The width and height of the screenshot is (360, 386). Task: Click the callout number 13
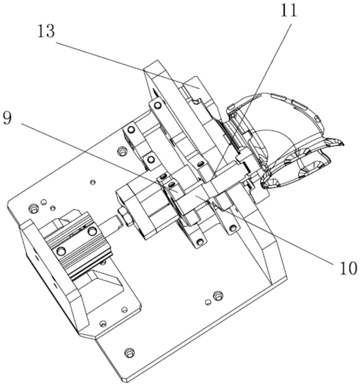tap(46, 31)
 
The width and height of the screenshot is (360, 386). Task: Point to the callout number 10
tap(347, 268)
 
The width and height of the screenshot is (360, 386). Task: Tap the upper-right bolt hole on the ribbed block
tap(92, 231)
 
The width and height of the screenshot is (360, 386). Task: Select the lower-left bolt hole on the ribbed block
tap(61, 250)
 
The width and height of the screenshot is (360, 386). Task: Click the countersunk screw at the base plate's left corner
tap(33, 209)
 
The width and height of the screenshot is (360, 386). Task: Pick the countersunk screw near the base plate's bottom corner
tap(129, 352)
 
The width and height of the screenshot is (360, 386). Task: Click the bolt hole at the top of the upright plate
tap(157, 106)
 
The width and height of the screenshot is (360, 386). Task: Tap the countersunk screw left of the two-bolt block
tap(120, 151)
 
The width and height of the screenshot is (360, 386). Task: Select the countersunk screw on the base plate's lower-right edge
tap(218, 295)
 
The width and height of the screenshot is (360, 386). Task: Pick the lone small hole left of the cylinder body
tap(92, 182)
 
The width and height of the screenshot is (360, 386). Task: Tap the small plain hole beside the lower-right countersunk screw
tap(208, 302)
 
